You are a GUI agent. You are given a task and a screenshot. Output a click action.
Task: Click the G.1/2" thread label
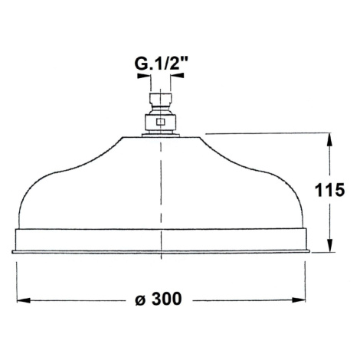(x=161, y=64)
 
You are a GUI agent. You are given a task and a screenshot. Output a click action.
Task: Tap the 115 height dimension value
(x=329, y=190)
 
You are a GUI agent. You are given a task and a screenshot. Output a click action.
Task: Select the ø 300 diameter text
(x=159, y=299)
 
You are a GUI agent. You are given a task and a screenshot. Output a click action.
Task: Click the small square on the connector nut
(x=160, y=123)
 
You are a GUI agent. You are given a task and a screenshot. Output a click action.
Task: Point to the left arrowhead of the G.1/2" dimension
(x=143, y=76)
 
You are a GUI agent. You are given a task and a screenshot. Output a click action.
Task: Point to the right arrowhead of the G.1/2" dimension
(x=178, y=75)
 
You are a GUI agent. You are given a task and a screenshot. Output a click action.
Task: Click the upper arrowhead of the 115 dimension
(x=330, y=140)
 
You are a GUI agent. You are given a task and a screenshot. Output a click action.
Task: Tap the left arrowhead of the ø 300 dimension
(x=24, y=300)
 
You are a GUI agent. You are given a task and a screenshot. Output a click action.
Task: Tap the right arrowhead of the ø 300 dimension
(x=299, y=300)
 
